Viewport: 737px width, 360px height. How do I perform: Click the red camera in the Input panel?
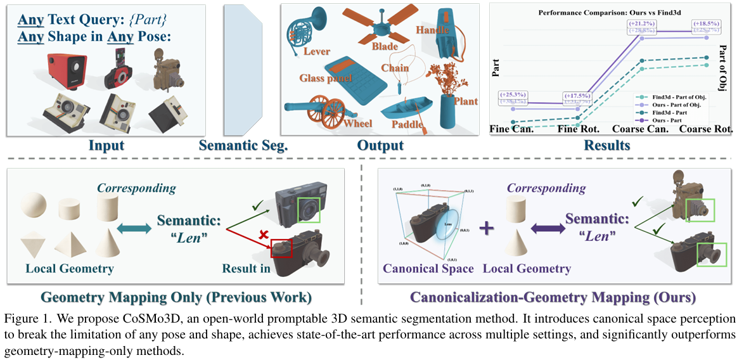tap(67, 71)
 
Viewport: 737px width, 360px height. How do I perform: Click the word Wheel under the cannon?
tap(358, 124)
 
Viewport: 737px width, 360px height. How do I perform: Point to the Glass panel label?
tap(328, 78)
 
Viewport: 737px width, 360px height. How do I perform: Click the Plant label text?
tap(466, 101)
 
